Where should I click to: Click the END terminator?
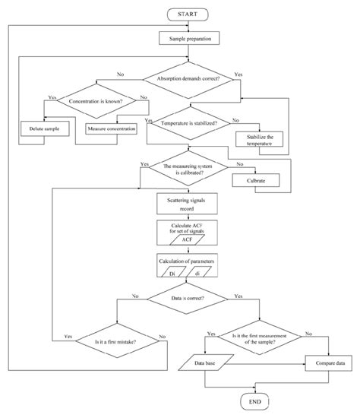coord(254,401)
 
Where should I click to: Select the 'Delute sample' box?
coord(44,128)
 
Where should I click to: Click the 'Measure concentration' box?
coord(112,128)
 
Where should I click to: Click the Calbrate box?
coord(256,181)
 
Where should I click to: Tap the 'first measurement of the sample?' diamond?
coord(254,337)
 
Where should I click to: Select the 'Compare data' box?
coord(328,365)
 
